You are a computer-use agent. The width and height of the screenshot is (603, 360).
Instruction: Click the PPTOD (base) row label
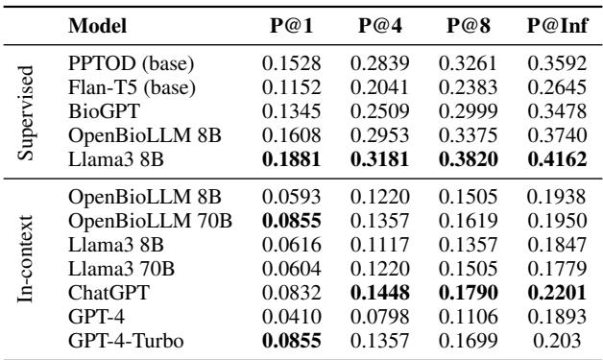tap(132, 65)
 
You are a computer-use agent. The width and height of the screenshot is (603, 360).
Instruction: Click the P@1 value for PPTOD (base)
tap(289, 65)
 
